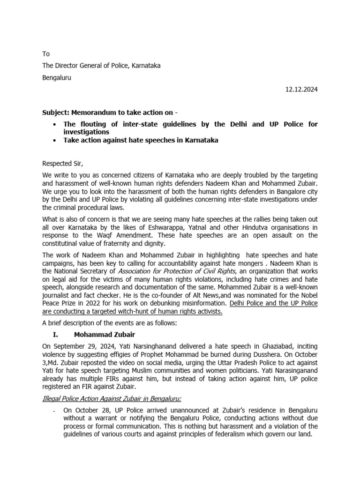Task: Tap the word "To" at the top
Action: point(46,54)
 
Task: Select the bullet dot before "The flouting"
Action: point(56,124)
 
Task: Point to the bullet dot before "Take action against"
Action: point(56,140)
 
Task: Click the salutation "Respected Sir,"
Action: point(62,164)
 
